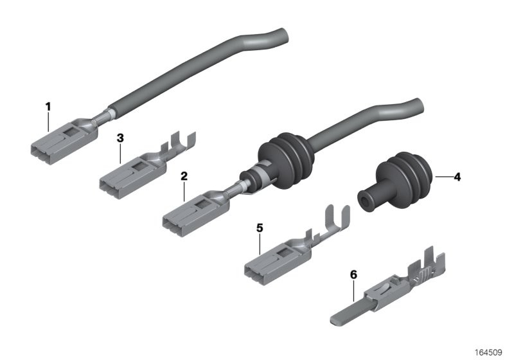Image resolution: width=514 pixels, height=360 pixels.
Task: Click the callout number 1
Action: [48, 107]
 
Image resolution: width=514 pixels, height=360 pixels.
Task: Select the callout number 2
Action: [184, 176]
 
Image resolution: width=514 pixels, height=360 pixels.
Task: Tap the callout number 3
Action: [120, 138]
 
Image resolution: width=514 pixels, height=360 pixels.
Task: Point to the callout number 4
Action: [457, 177]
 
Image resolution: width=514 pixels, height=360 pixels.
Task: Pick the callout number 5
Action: [260, 228]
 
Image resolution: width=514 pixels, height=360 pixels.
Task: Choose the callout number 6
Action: [353, 274]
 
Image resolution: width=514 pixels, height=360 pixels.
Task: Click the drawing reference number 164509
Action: [488, 352]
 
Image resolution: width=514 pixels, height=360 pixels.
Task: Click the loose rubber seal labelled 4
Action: [397, 182]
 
